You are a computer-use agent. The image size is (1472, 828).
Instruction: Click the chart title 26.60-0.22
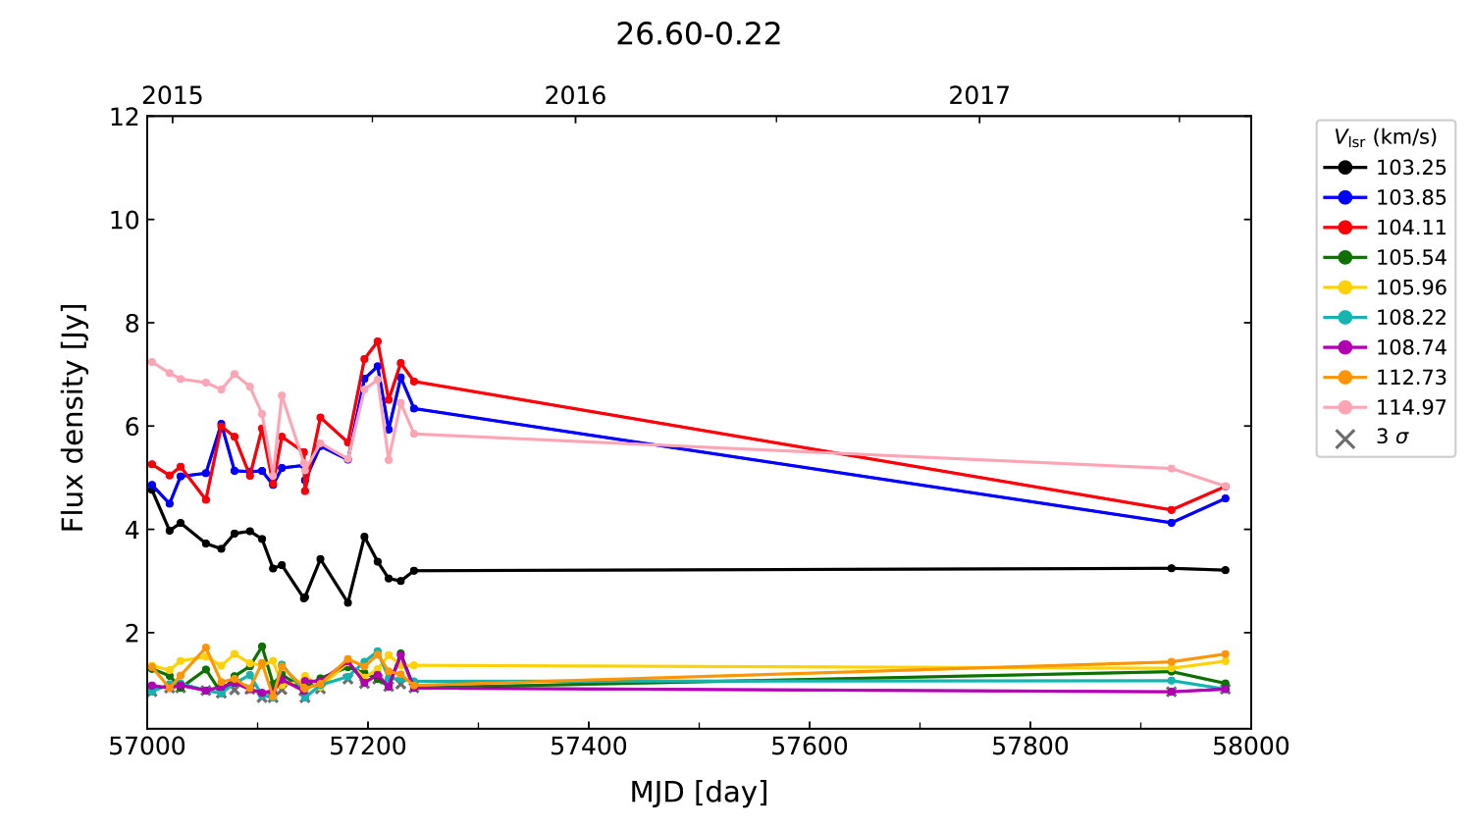pyautogui.click(x=698, y=34)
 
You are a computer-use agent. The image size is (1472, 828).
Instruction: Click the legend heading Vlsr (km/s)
pyautogui.click(x=1385, y=137)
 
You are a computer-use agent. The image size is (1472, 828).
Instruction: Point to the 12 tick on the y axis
pyautogui.click(x=125, y=117)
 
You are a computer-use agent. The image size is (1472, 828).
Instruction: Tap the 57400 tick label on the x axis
pyautogui.click(x=588, y=747)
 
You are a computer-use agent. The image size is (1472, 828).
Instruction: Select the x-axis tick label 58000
pyautogui.click(x=1250, y=747)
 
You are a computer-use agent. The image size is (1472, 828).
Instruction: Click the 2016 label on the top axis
pyautogui.click(x=575, y=95)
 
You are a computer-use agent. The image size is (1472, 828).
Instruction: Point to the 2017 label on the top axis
pyautogui.click(x=978, y=95)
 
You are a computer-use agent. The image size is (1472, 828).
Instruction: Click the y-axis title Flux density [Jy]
pyautogui.click(x=74, y=417)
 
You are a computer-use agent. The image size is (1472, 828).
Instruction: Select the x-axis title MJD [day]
pyautogui.click(x=698, y=792)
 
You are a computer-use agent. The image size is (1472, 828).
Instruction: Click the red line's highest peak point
pyautogui.click(x=377, y=341)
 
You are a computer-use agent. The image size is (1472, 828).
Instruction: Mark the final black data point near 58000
pyautogui.click(x=1225, y=570)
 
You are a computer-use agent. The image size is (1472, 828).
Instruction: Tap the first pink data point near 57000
pyautogui.click(x=152, y=362)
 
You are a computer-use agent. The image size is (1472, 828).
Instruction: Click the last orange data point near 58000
pyautogui.click(x=1225, y=654)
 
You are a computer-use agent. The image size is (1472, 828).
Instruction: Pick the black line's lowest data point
pyautogui.click(x=347, y=602)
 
